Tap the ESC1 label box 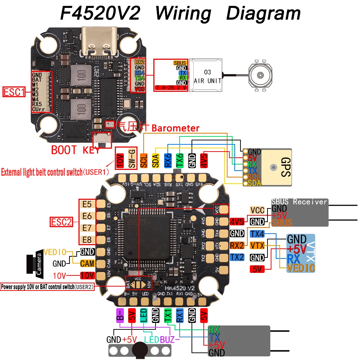coord(14,92)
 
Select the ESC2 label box coord(62,222)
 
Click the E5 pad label coord(87,204)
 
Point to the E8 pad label coord(87,239)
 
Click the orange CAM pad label coord(87,264)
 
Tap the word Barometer coord(175,128)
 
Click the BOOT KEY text coord(75,150)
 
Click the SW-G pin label coord(132,159)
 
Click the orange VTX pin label coord(257,246)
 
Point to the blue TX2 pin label coord(237,257)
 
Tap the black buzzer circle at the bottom coord(140,350)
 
